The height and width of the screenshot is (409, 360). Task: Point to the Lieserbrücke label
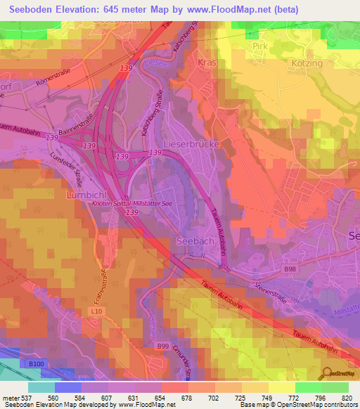192,143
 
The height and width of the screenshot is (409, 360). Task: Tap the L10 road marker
97,310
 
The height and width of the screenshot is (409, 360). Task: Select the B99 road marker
164,346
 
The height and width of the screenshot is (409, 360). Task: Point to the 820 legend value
346,397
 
